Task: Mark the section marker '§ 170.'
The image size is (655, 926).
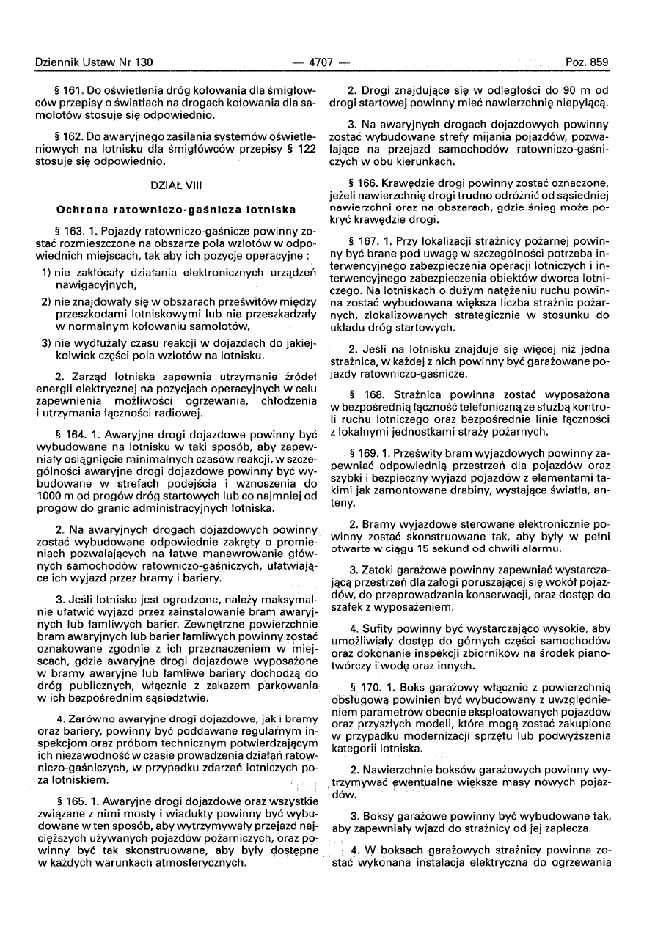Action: point(367,688)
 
